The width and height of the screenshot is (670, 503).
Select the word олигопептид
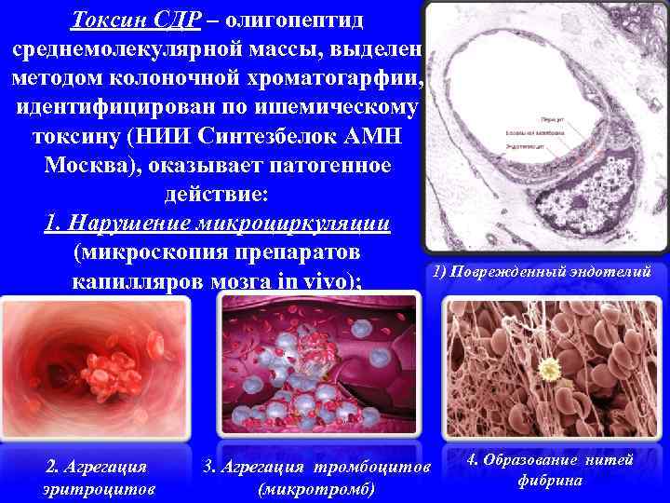point(306,19)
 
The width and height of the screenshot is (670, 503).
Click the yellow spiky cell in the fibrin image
point(552,371)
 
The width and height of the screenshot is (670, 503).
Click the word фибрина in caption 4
point(551,481)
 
